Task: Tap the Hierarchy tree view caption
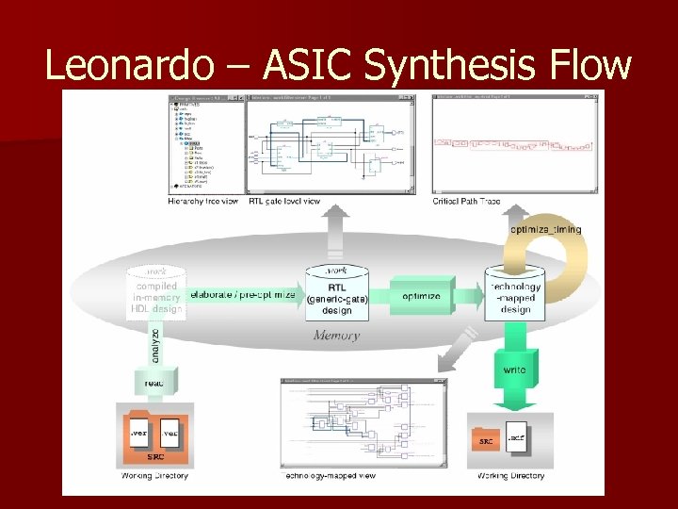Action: [204, 201]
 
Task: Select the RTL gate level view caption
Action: [285, 201]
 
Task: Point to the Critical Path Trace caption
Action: [467, 201]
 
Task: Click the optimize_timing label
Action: [545, 229]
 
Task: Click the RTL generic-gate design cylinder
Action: [335, 294]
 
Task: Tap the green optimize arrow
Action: [422, 296]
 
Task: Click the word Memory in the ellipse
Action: [336, 336]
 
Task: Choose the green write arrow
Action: [515, 371]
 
